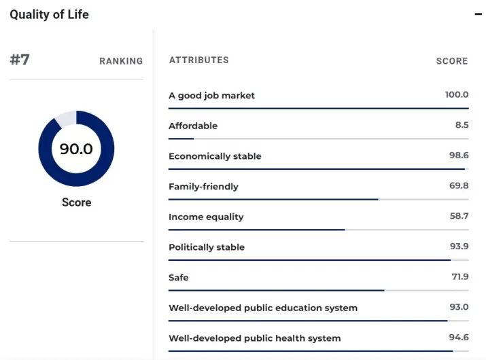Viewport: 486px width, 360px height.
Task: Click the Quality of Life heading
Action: [49, 14]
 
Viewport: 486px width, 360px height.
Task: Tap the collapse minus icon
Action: [478, 14]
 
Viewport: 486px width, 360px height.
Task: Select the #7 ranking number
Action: [20, 60]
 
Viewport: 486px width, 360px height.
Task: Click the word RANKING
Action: [121, 61]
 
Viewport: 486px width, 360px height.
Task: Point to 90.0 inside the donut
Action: [76, 149]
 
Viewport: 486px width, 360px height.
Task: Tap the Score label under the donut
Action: [76, 202]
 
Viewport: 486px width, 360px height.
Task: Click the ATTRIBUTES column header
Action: [198, 60]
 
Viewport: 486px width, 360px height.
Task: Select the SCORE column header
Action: [452, 61]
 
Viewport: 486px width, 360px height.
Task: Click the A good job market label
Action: [211, 96]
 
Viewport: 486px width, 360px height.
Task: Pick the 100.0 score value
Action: [457, 95]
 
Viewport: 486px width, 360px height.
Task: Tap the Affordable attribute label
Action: [193, 126]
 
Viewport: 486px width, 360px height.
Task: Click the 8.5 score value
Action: [461, 126]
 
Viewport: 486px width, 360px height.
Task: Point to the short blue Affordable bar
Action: [181, 139]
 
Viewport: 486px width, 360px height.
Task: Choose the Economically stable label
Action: [215, 156]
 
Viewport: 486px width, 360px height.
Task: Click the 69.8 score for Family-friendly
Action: [458, 186]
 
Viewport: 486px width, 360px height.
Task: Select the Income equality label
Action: [206, 217]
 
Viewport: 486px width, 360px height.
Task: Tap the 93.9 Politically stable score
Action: [458, 247]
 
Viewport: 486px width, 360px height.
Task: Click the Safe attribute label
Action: [179, 277]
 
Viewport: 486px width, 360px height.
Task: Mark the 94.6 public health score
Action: [458, 338]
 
